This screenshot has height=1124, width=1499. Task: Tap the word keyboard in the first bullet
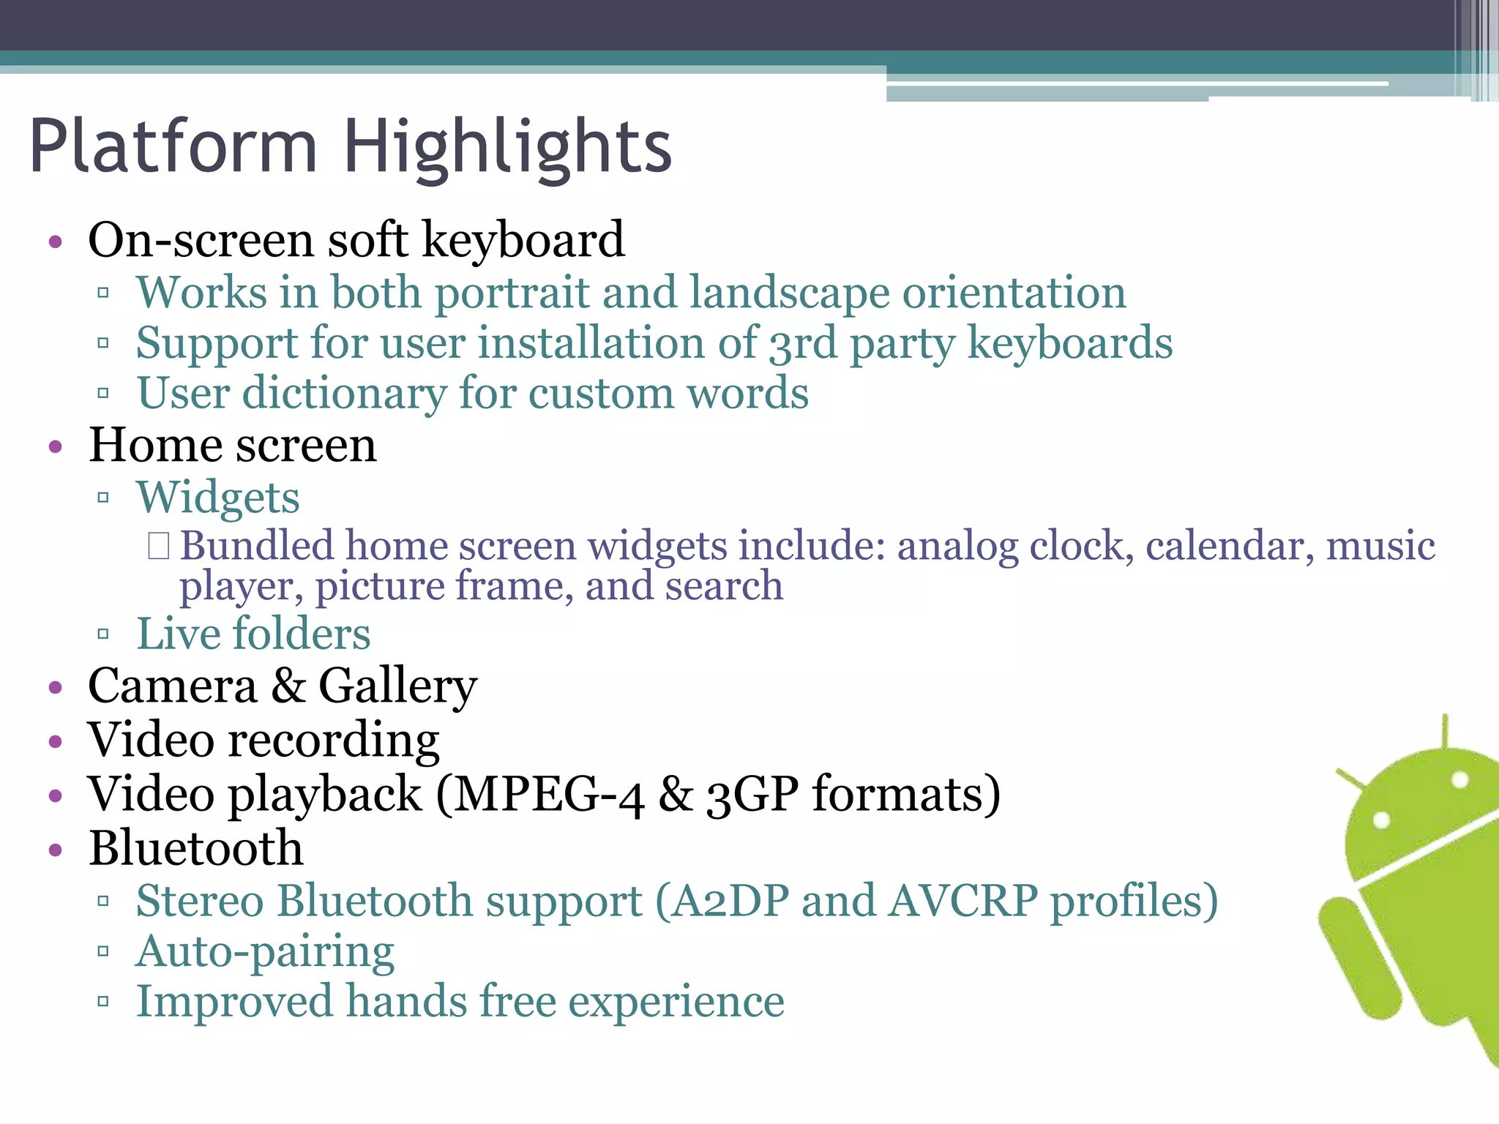click(523, 240)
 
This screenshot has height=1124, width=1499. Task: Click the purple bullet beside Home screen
click(56, 447)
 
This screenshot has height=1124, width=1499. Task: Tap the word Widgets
click(218, 498)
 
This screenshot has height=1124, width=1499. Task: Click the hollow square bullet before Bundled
click(158, 546)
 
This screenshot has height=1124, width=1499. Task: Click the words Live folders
click(253, 634)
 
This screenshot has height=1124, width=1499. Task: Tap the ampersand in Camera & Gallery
click(288, 686)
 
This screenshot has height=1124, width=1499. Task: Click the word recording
click(334, 741)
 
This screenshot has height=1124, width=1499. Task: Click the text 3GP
click(752, 795)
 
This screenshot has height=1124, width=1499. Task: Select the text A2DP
click(730, 901)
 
